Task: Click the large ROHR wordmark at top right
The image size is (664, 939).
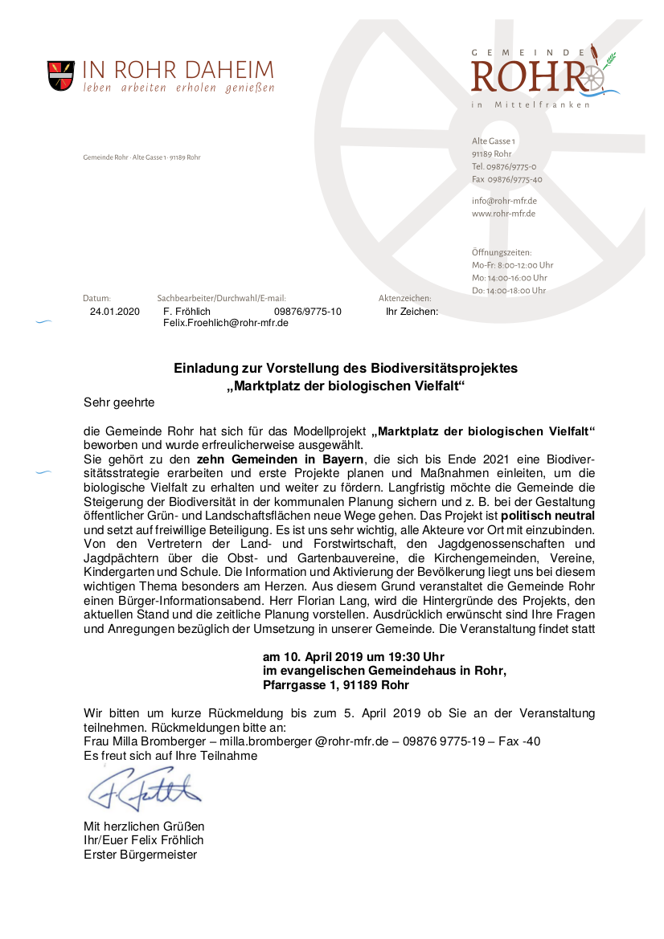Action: click(531, 76)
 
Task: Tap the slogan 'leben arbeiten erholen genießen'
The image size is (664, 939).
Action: click(178, 88)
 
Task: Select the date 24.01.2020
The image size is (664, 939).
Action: click(115, 312)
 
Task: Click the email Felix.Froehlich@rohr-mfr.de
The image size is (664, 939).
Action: click(226, 323)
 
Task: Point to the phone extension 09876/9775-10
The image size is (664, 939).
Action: click(307, 312)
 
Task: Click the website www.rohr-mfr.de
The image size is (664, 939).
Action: click(503, 214)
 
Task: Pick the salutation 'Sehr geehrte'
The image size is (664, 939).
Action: click(118, 401)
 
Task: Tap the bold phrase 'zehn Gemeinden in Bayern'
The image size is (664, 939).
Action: click(280, 459)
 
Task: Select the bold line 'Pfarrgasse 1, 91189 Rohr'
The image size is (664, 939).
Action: click(336, 685)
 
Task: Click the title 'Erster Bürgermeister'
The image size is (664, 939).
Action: click(140, 855)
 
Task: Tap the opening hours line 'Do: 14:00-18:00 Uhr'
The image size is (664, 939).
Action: click(509, 291)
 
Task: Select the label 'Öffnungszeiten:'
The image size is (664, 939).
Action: click(502, 252)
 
